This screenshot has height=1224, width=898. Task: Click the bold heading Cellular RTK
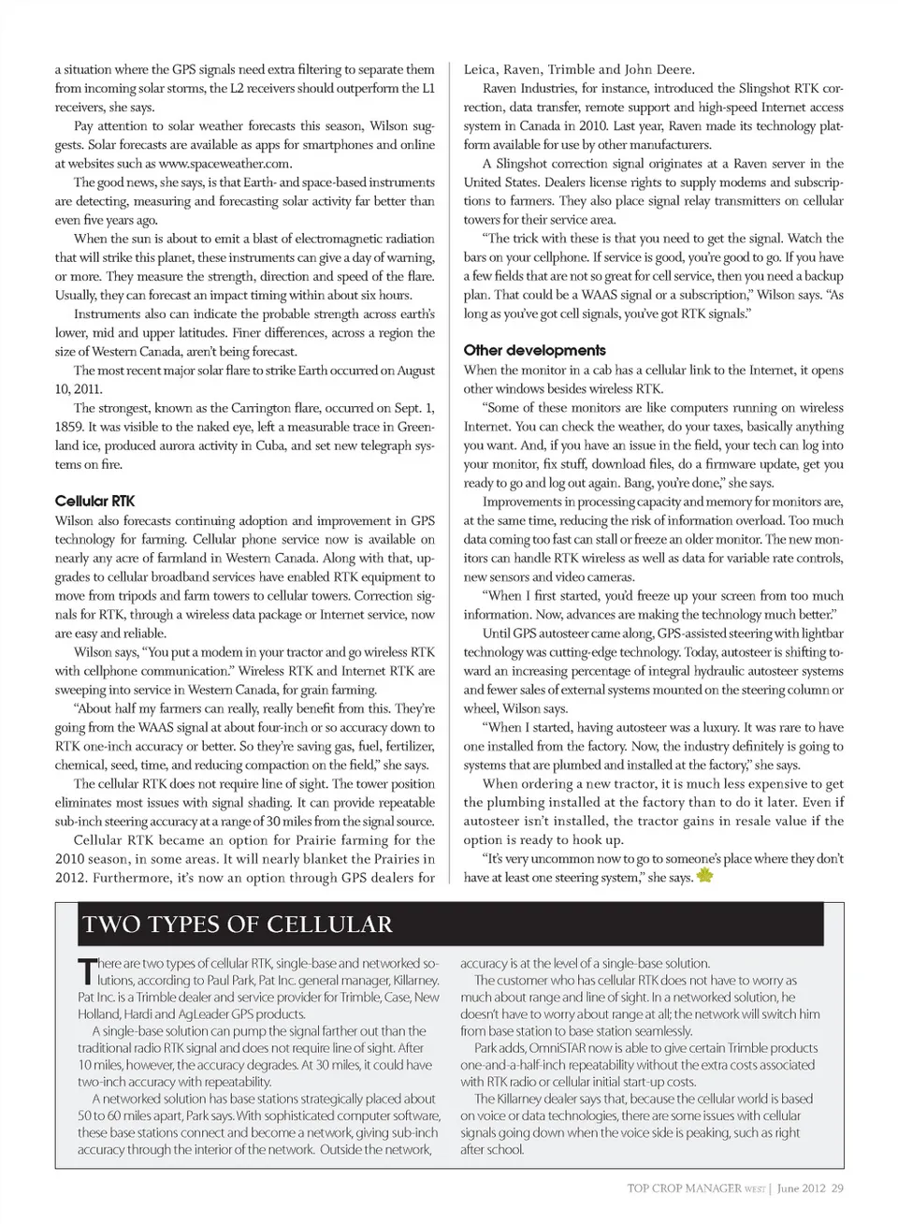[94, 502]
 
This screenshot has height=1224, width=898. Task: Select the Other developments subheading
[534, 350]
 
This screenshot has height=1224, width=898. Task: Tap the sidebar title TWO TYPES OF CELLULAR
[238, 925]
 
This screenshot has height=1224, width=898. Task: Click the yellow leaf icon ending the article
[705, 876]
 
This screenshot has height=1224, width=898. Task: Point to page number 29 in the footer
[837, 1188]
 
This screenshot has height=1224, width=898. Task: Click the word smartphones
[335, 145]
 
